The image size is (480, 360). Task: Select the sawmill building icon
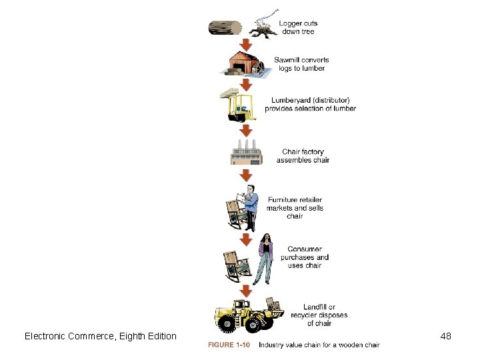[244, 64]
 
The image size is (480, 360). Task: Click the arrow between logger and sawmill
[246, 44]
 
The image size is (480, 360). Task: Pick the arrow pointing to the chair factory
[246, 130]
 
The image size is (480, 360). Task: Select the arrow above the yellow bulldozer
[246, 291]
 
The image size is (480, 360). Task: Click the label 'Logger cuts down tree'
[298, 27]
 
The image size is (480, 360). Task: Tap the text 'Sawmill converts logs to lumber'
[302, 64]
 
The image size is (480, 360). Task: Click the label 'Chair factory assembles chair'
[303, 155]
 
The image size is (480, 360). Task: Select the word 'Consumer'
[304, 249]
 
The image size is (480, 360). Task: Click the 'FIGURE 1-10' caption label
[229, 345]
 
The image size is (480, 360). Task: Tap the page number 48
[446, 336]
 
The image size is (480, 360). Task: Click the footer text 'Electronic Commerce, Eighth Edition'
[101, 336]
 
